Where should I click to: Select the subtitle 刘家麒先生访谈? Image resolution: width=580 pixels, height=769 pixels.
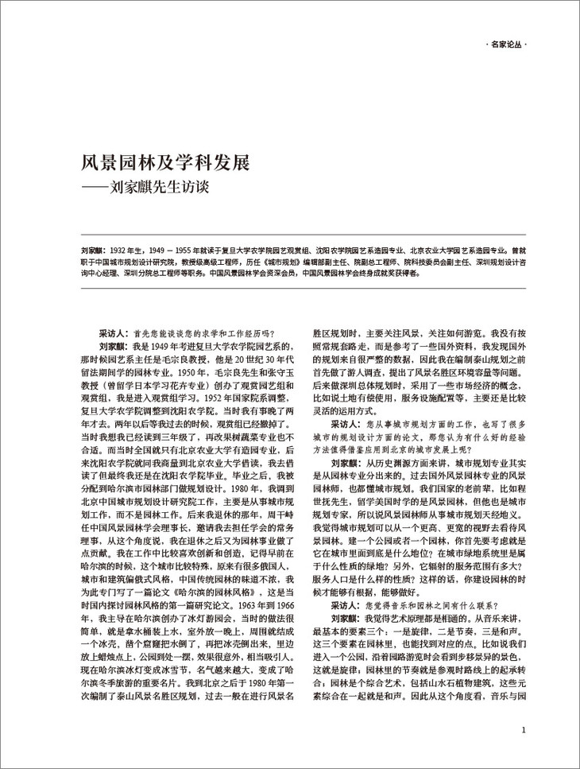[x=170, y=192]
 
